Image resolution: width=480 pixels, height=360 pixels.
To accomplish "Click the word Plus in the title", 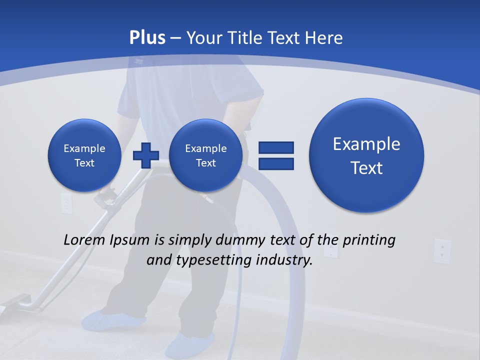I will point(147,38).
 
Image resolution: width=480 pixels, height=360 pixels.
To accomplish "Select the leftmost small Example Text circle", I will point(84,155).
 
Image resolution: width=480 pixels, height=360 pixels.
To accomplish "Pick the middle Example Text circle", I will point(205,155).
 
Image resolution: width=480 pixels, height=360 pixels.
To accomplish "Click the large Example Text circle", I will point(366,155).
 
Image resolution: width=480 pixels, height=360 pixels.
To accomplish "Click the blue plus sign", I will point(145,155).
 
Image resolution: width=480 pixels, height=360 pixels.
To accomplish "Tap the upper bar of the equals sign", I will point(276,147).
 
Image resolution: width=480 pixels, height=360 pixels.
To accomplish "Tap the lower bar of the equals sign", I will point(276,163).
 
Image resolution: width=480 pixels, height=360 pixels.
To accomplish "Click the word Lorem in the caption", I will point(85,240).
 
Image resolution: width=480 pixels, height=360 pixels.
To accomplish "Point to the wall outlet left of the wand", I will point(66,202).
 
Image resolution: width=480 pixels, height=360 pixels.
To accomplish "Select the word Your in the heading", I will point(203,38).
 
